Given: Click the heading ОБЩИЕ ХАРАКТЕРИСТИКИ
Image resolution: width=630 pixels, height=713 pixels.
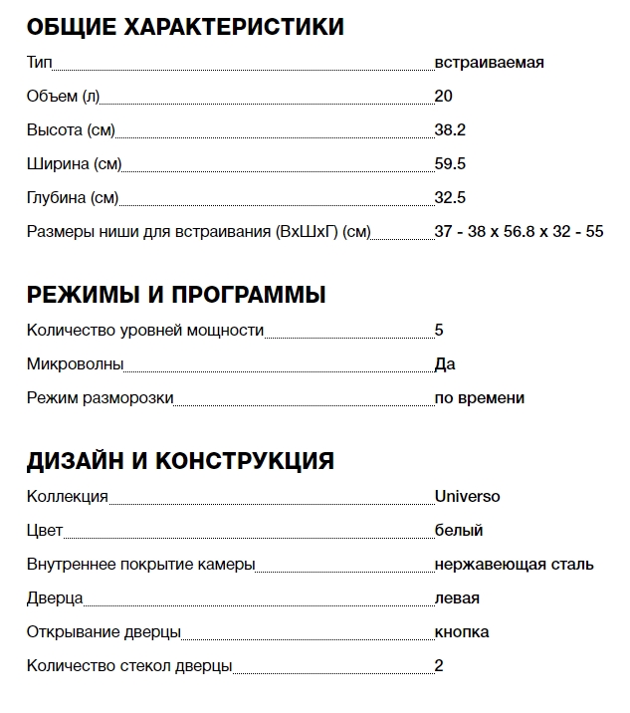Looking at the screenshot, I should (185, 27).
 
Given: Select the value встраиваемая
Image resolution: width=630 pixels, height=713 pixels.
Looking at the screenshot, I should (489, 63).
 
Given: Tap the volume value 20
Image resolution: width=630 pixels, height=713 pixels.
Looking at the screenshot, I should (444, 97).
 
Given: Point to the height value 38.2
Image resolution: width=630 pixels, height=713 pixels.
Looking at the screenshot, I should (450, 130).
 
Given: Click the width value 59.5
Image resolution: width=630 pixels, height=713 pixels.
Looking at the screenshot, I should (450, 164).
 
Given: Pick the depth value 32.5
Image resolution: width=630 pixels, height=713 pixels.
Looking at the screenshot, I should (450, 198).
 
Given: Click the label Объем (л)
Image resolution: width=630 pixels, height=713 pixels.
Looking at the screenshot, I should (63, 97).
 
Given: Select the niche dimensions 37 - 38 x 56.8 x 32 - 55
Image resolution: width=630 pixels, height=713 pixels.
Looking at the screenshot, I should (519, 232).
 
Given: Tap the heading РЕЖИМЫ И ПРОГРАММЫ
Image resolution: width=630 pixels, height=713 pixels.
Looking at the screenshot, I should (176, 295).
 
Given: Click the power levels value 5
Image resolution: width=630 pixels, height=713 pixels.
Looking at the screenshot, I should (439, 331).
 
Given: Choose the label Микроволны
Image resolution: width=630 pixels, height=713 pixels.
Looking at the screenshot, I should (75, 364).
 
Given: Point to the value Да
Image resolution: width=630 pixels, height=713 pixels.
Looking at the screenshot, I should (445, 364).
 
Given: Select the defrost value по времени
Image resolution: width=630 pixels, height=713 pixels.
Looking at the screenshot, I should (479, 398).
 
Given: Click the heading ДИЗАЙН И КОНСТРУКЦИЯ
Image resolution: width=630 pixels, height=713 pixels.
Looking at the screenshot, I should (180, 461).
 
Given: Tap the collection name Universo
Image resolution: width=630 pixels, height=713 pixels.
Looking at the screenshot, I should (467, 497).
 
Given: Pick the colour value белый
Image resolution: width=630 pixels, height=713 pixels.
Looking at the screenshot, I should (459, 531).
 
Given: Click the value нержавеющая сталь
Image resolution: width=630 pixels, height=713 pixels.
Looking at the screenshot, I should (514, 565).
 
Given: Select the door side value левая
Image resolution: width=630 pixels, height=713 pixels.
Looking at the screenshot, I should (457, 598).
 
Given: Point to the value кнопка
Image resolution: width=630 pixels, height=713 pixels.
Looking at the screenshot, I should (461, 632).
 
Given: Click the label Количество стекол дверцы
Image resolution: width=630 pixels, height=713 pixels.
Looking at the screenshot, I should (129, 666).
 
